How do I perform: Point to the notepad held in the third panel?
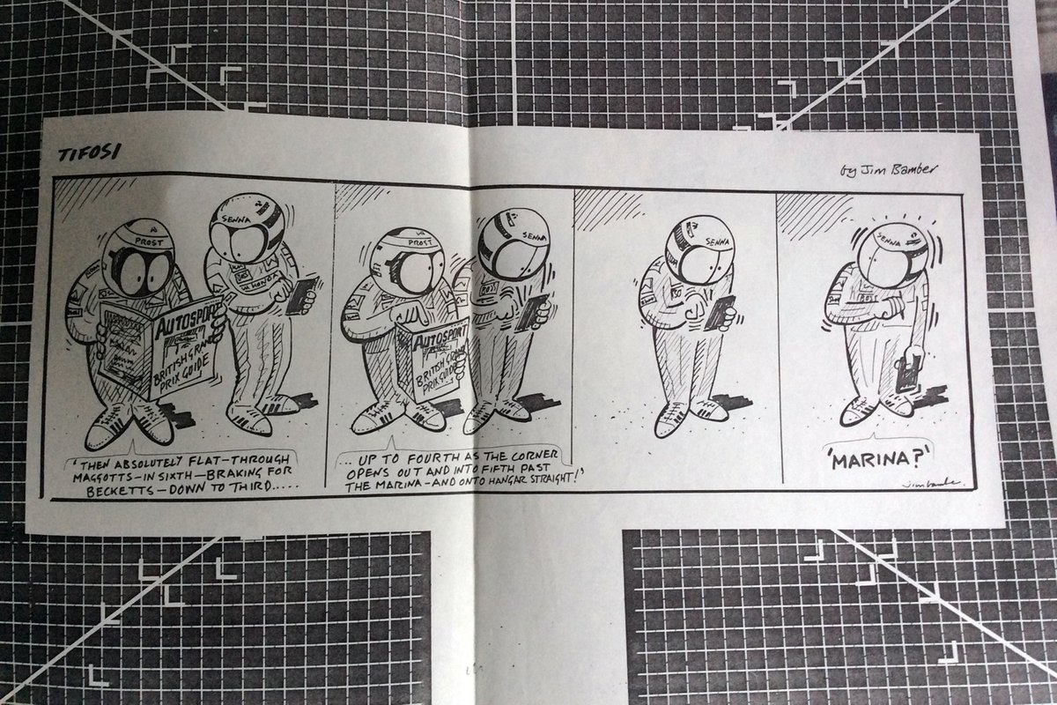[x=716, y=312]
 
